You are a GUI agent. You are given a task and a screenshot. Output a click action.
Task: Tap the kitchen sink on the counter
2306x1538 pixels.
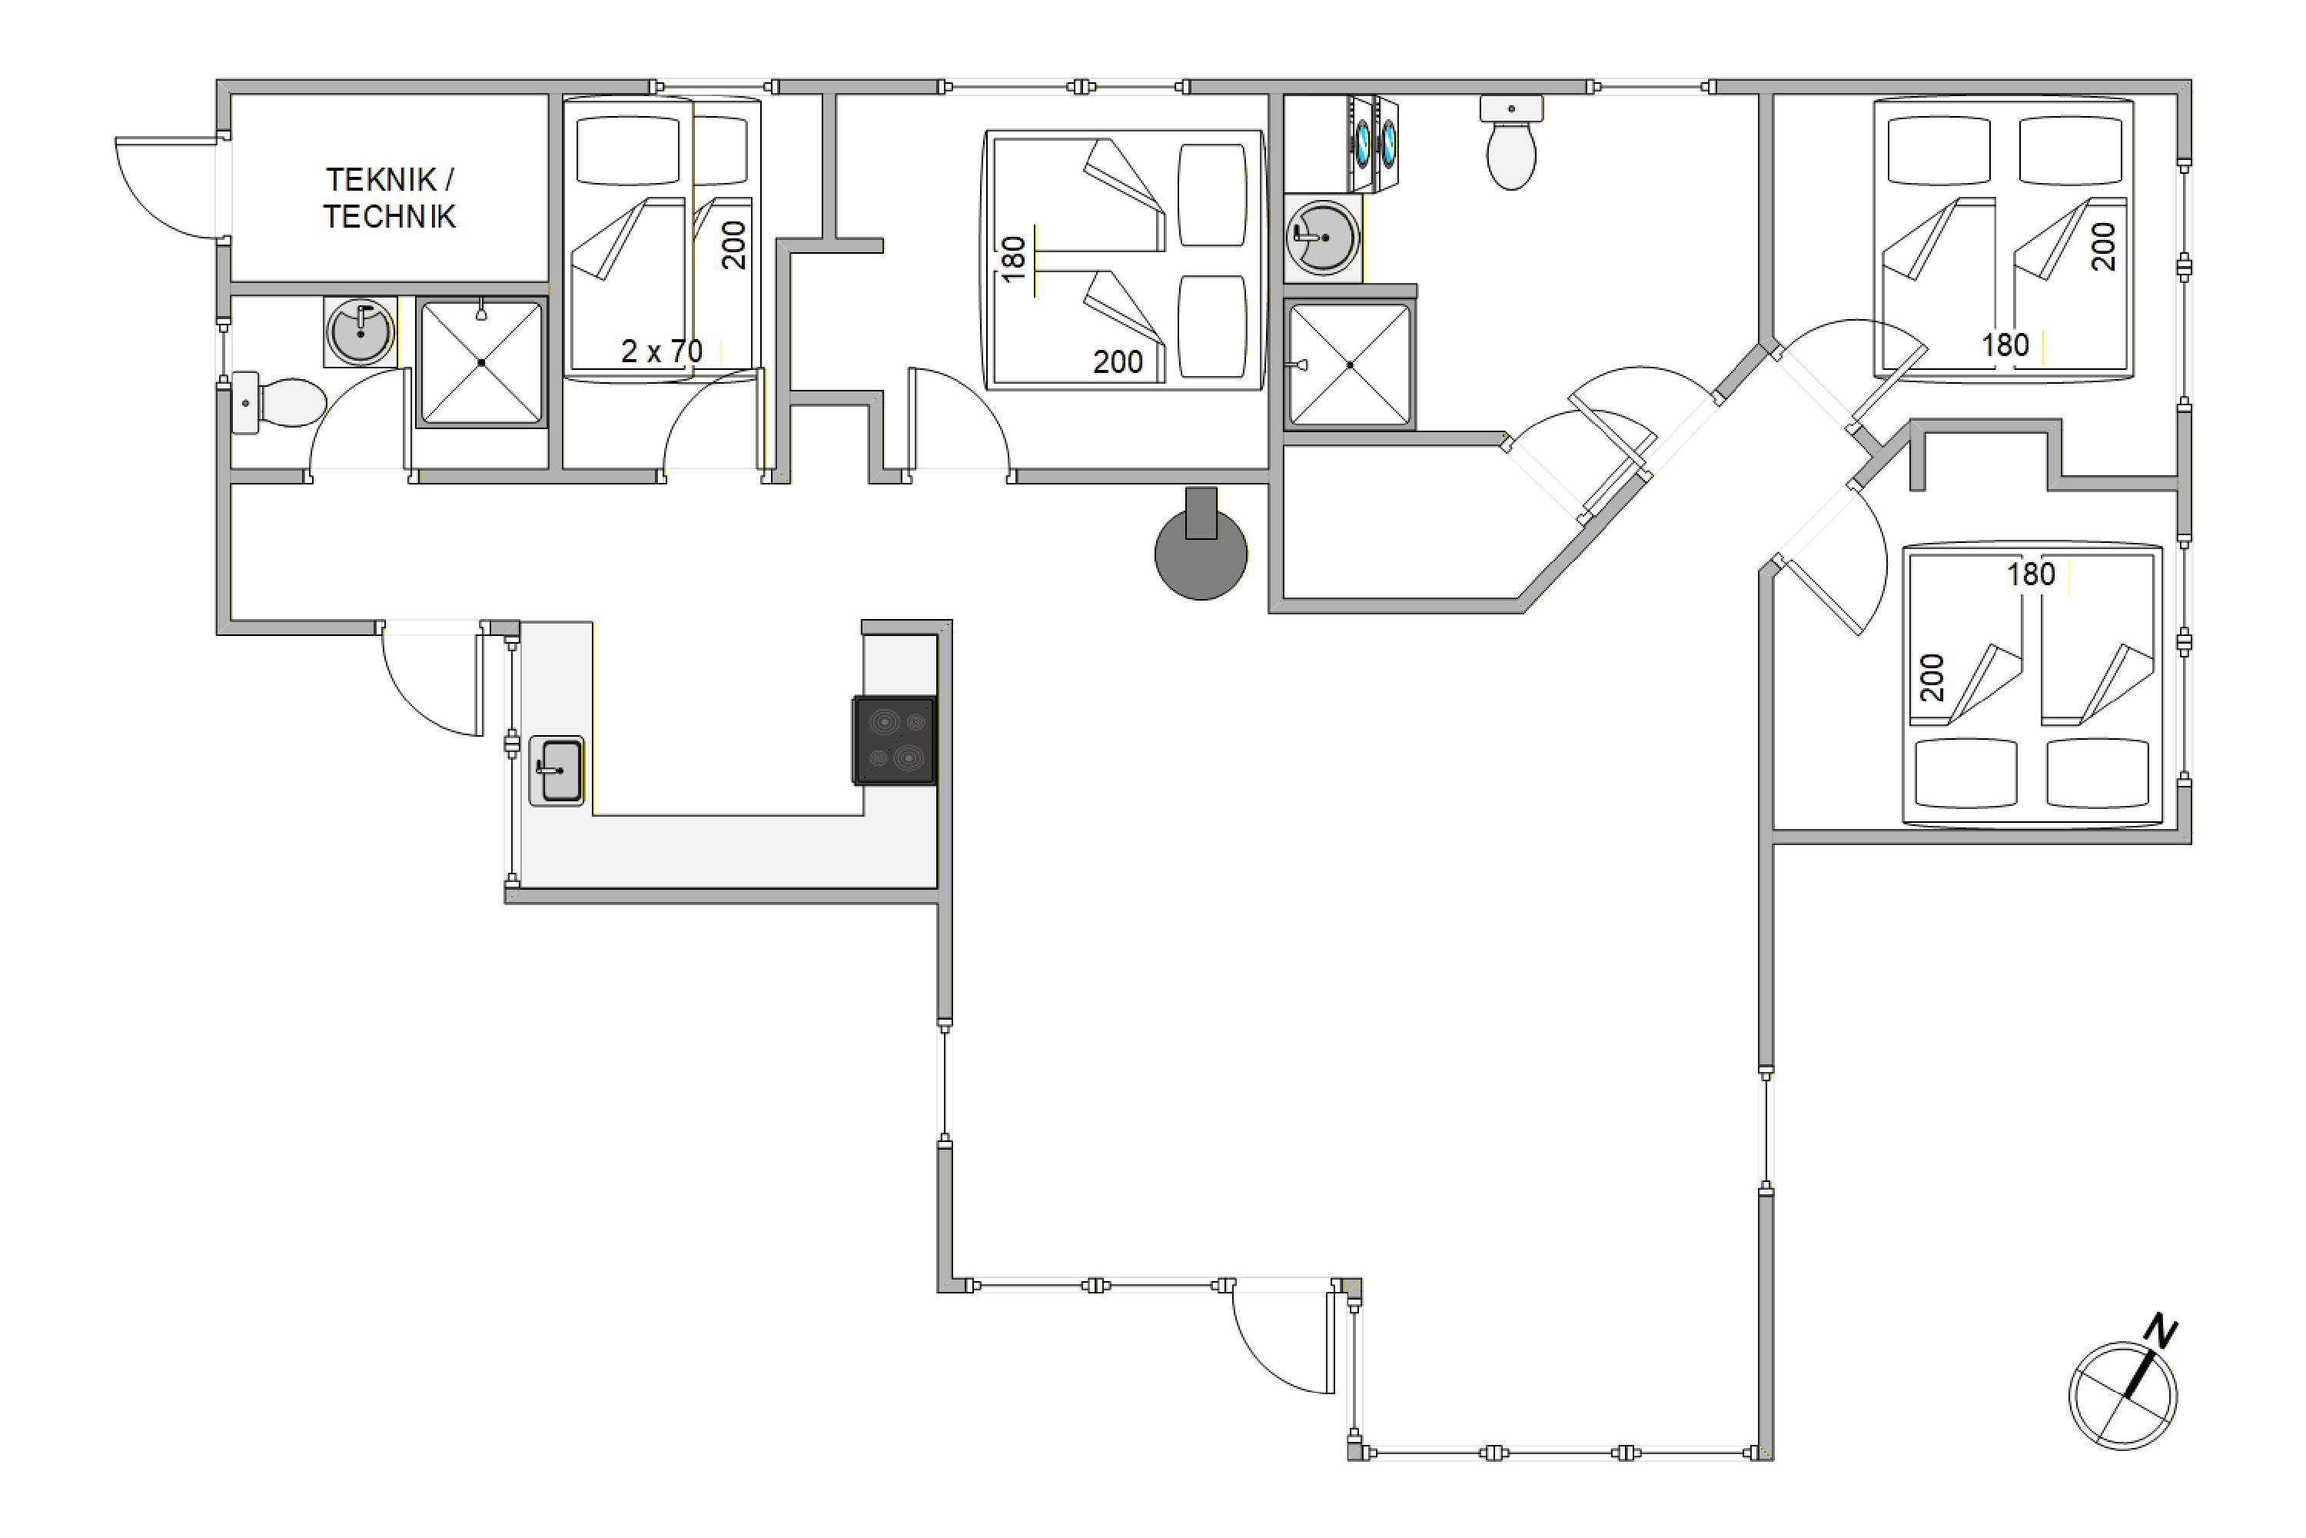point(557,771)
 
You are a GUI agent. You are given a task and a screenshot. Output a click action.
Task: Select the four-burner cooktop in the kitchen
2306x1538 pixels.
point(894,741)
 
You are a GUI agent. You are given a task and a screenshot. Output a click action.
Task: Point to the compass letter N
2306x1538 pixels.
point(2160,1331)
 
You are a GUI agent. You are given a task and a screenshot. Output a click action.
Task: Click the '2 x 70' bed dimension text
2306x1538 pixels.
point(662,351)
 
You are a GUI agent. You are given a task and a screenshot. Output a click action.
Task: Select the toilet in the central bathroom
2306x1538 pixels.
point(1511,142)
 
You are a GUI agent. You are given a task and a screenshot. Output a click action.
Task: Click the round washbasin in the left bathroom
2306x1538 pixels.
point(361,332)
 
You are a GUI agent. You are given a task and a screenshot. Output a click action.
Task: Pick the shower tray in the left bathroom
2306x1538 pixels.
point(481,363)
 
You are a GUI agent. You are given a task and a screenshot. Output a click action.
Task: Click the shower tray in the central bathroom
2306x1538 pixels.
point(1350,365)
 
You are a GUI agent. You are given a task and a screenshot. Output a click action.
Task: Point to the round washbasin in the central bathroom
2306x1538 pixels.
point(1323,238)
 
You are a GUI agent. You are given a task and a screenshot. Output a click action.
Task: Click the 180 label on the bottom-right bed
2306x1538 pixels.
point(2032,574)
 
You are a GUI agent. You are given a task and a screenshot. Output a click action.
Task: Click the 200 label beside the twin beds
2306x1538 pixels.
point(733,245)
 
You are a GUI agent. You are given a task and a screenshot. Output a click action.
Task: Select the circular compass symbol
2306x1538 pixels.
point(2122,1396)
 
